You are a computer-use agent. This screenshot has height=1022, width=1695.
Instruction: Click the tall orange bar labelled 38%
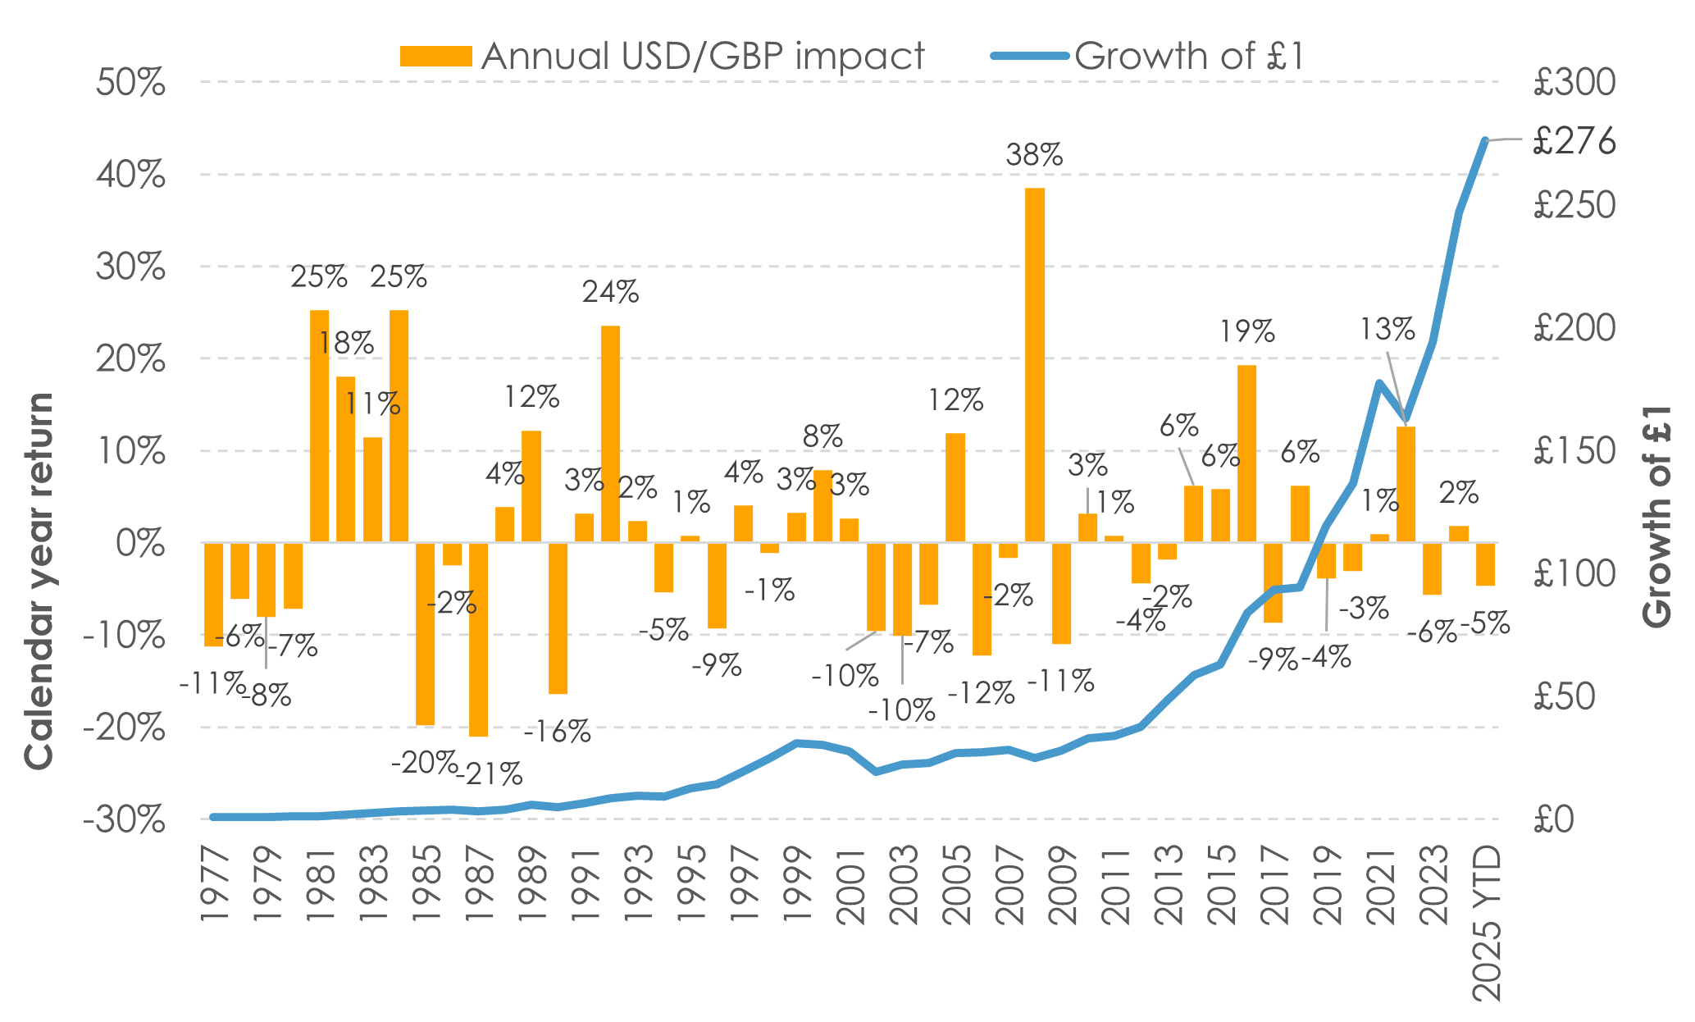[1035, 364]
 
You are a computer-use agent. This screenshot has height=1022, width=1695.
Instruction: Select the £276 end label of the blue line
[1574, 141]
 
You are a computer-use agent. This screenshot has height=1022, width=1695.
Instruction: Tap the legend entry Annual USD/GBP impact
[663, 56]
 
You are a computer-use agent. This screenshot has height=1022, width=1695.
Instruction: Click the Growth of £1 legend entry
[1148, 56]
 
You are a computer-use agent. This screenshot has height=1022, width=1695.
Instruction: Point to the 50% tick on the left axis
[130, 83]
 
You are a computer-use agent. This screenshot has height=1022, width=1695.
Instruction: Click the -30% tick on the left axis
[125, 819]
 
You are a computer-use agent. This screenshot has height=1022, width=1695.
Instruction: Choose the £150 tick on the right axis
[1574, 451]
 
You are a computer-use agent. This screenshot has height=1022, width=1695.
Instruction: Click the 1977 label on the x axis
[215, 886]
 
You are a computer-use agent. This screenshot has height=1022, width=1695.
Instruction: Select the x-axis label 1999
[797, 886]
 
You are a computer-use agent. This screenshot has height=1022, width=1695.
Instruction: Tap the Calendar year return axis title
[39, 581]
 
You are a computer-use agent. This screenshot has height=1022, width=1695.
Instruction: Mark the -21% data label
[490, 773]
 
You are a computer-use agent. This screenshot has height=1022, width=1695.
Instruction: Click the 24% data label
[610, 292]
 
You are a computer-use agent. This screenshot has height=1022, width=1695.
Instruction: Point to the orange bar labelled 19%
[1246, 453]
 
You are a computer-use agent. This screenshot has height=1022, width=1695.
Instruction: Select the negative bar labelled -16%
[558, 618]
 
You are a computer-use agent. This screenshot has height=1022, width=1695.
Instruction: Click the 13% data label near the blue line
[1387, 330]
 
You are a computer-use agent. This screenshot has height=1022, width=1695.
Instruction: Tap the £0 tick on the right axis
[1554, 819]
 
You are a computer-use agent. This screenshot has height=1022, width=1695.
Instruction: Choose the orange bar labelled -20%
[425, 633]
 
